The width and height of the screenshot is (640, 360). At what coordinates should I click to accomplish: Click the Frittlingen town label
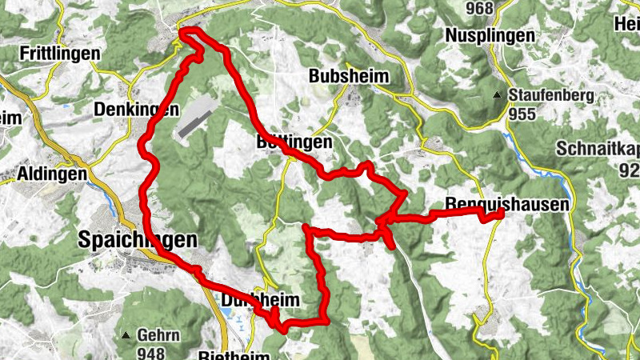61,54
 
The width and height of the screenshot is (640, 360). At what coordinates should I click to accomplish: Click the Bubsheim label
349,77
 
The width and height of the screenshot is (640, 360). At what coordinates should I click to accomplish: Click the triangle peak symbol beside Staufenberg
498,95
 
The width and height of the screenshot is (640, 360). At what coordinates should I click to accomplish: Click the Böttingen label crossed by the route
294,141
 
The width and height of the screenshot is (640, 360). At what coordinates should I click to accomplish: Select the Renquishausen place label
507,204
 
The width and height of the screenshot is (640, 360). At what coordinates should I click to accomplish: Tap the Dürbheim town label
259,299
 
